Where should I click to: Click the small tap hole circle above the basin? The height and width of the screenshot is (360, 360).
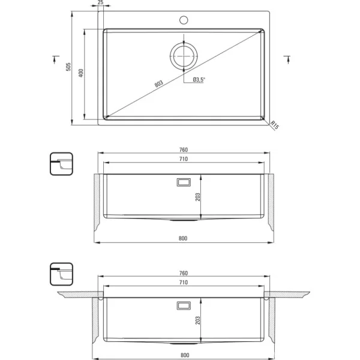point(184,20)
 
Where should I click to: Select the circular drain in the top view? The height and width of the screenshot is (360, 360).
point(184,56)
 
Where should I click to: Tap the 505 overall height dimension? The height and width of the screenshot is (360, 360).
point(68,67)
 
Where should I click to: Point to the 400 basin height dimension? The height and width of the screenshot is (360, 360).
point(81,73)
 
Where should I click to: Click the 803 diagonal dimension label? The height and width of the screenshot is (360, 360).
point(158,83)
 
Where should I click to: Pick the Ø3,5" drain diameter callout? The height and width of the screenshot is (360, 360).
point(199,80)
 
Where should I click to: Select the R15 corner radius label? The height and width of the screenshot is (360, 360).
point(275,125)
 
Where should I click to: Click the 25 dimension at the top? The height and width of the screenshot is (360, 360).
point(101,2)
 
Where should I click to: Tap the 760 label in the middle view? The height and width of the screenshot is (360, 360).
point(184,149)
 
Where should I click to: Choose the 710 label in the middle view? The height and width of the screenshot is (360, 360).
point(184,159)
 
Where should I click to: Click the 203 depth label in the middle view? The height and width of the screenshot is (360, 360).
point(197,197)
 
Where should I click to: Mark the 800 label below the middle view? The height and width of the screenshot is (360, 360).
point(183,238)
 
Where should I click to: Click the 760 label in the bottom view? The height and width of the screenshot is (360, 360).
point(184,273)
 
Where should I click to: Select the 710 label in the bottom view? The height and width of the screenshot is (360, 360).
point(184,283)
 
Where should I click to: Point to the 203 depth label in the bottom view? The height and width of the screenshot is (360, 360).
point(197,320)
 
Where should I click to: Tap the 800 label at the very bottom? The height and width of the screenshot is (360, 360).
point(185,355)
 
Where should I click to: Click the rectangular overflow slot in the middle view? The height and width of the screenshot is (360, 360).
point(184,182)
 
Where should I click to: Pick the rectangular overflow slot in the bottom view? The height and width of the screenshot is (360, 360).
point(184,305)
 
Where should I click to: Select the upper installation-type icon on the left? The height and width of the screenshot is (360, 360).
point(61,164)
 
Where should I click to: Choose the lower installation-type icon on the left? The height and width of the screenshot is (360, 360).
point(61,274)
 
